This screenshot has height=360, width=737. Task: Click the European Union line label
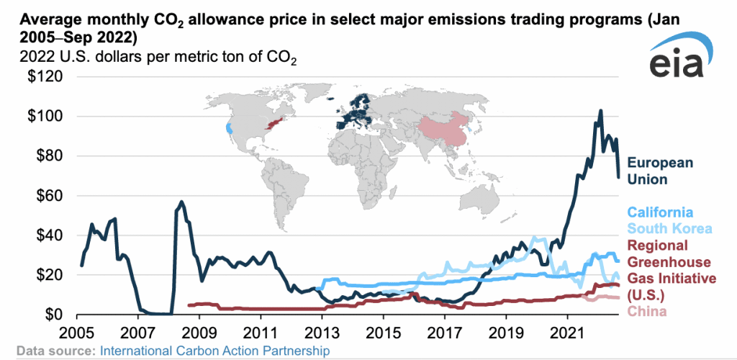[660, 171]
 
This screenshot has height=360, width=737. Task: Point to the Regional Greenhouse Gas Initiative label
[670, 270]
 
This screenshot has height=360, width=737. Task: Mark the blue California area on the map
[229, 129]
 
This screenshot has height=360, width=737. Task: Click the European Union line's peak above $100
[601, 111]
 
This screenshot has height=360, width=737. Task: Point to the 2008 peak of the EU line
[181, 202]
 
